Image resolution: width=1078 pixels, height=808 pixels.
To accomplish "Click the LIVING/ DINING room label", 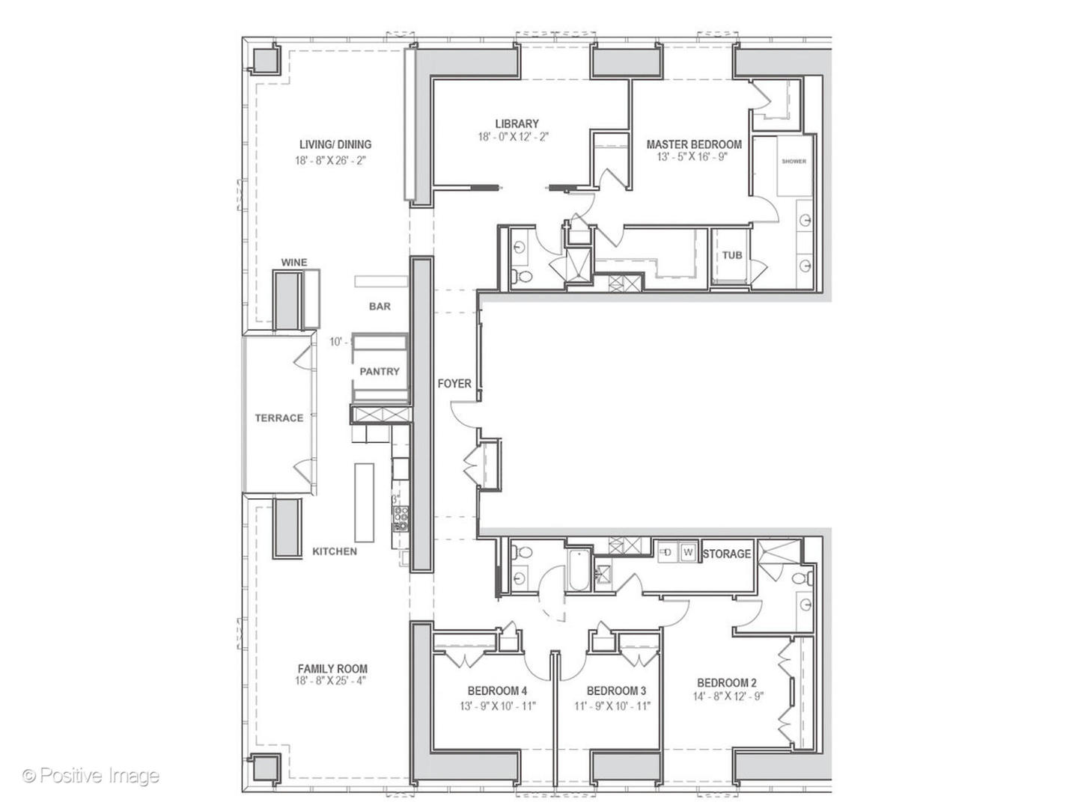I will coord(335,144).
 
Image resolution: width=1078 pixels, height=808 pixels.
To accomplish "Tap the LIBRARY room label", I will coord(517,123).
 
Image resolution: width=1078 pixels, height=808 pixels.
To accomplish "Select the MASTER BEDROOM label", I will coord(694,144).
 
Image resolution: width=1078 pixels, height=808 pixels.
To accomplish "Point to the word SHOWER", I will coord(794,162).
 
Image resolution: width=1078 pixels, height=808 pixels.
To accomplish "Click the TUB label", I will coord(731,255).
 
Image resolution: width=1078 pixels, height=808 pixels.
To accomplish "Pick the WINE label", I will coord(293,262).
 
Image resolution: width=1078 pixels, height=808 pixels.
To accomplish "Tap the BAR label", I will coord(380,306).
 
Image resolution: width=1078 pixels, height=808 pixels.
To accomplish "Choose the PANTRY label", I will coord(380,371).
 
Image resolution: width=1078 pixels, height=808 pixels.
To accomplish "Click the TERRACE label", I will coord(278,417).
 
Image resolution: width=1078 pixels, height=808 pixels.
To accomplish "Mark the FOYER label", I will coord(454,383).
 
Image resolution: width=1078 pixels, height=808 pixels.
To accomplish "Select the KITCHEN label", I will coord(335,551).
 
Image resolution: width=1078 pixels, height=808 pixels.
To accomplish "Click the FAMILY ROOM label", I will coord(332,669).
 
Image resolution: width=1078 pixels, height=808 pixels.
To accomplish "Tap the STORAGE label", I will coord(726,554).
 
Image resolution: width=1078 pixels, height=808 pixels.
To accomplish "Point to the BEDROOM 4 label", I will coord(497,691).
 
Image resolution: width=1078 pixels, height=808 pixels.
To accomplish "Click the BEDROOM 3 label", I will coord(615,691).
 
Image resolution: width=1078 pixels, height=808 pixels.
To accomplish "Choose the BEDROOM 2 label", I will coord(726,682).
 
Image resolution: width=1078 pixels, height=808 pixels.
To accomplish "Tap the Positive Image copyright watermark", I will coord(91,776).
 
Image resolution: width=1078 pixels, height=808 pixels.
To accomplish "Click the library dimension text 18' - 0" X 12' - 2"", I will coord(517,137).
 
